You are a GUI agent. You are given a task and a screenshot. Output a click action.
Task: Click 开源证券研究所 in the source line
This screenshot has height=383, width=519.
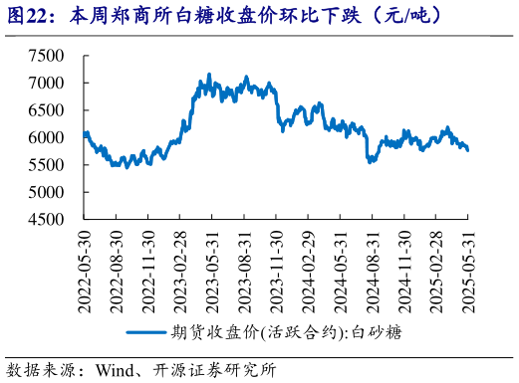(213, 370)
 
